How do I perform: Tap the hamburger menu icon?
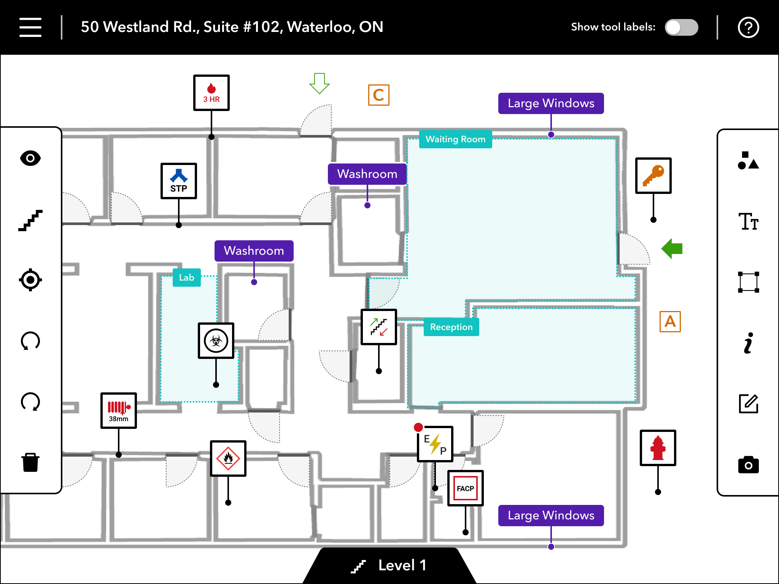tap(30, 27)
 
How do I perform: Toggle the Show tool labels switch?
tap(681, 27)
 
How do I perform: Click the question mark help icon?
tap(748, 27)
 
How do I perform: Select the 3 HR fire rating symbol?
tap(211, 93)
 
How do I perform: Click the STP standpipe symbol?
tap(179, 181)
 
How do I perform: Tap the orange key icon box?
tap(653, 176)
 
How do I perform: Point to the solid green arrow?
tap(672, 249)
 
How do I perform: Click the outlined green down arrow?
tap(319, 83)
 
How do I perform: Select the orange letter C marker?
tap(378, 95)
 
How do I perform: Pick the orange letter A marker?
tap(670, 322)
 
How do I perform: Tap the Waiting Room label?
tap(455, 139)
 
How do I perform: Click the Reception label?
tap(451, 327)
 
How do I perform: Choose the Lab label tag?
tap(186, 278)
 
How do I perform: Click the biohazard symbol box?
tap(216, 341)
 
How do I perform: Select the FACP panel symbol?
tap(465, 488)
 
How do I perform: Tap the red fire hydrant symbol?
tap(658, 448)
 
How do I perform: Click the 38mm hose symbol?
tap(119, 411)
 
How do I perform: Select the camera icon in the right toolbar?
tap(748, 465)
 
